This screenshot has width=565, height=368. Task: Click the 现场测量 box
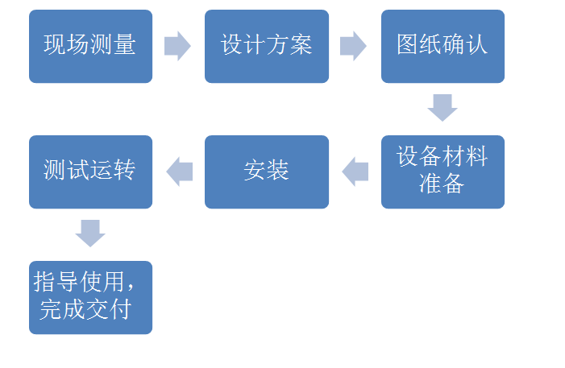[90, 46]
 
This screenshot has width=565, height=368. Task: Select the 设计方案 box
[267, 46]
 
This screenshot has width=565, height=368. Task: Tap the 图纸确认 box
[442, 46]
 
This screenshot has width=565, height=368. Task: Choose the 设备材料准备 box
[442, 172]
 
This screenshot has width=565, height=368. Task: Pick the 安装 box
[267, 172]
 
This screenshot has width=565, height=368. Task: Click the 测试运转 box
[90, 172]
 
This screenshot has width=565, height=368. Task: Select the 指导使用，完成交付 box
[90, 297]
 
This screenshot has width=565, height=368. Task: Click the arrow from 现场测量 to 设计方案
[177, 46]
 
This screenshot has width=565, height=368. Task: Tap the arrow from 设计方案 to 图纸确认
[353, 46]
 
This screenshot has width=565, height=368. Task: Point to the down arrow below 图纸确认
[442, 107]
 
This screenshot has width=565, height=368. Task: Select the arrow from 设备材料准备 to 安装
[355, 172]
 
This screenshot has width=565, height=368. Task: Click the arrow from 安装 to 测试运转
[179, 172]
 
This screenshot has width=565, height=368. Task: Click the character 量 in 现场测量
[124, 44]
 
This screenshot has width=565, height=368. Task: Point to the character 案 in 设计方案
[301, 44]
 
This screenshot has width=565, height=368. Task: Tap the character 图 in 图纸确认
[409, 44]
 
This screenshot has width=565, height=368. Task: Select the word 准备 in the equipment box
[442, 184]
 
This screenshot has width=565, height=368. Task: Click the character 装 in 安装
[278, 171]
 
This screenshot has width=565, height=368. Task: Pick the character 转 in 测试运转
[124, 170]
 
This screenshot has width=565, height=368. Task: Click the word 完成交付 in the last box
[85, 309]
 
